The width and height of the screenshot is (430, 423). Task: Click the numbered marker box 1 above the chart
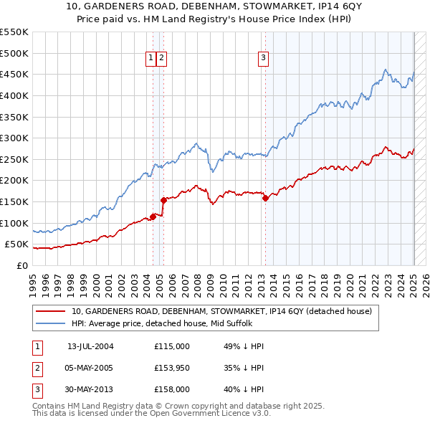(152, 59)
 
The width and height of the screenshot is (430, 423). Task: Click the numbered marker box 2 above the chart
(162, 59)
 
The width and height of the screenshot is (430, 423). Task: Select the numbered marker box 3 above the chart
(264, 59)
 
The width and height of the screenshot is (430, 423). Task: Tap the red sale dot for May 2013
(265, 199)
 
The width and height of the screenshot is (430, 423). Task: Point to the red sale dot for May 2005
(163, 200)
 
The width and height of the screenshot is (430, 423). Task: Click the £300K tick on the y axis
(14, 138)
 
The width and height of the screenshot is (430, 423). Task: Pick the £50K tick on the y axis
(16, 244)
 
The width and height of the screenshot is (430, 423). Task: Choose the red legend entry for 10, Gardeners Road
(221, 311)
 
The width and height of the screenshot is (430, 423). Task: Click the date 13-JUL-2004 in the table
(90, 346)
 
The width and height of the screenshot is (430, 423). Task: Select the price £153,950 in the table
(172, 368)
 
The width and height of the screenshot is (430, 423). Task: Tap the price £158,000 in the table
(172, 389)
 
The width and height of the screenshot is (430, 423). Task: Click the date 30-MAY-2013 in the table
(90, 389)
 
